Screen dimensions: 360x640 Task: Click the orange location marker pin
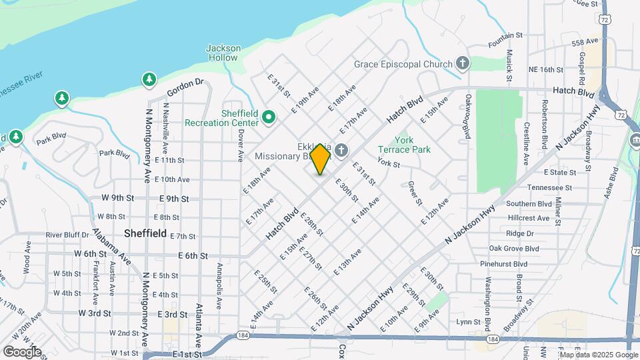tap(321, 159)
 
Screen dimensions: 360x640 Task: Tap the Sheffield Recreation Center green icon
tap(269, 118)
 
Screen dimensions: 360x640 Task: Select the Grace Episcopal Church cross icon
tap(463, 64)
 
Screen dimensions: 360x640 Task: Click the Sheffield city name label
tap(145, 233)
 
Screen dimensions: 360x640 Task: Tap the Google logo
tap(22, 352)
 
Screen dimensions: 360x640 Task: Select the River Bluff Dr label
tap(67, 235)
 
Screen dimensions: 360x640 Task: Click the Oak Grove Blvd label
tap(513, 249)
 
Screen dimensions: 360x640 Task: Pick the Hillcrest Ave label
tap(528, 218)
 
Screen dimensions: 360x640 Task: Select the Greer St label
tap(415, 193)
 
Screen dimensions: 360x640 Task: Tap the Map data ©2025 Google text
tap(598, 354)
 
